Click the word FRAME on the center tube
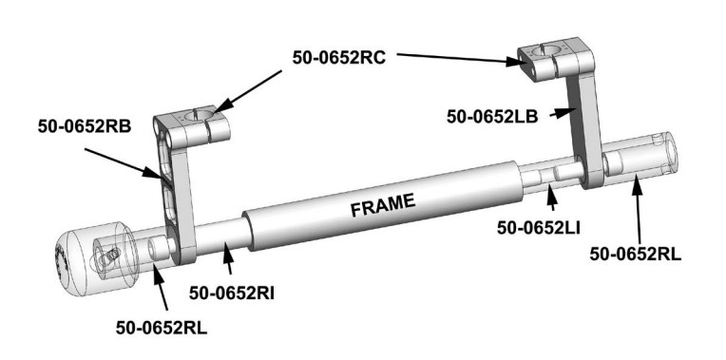tap(383, 204)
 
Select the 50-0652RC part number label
tap(339, 57)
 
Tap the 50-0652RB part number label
tap(85, 126)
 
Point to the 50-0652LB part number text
tap(492, 117)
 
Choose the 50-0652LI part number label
tap(539, 227)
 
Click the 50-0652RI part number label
tap(232, 293)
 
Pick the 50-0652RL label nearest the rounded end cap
tap(162, 328)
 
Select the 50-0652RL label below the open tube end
tap(635, 254)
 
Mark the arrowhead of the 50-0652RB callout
tap(152, 173)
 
